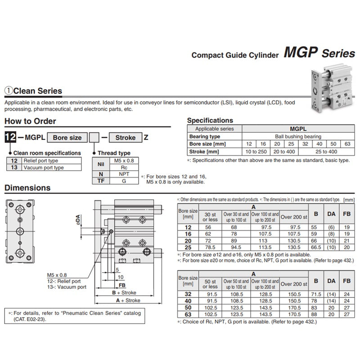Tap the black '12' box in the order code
click(x=9, y=137)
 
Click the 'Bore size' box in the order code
click(x=67, y=138)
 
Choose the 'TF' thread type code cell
click(x=101, y=180)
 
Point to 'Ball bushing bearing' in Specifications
click(x=298, y=136)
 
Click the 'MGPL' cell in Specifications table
click(x=298, y=129)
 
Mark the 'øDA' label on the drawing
click(x=78, y=219)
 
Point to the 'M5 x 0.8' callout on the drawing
click(x=57, y=275)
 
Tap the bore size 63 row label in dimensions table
click(x=188, y=315)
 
